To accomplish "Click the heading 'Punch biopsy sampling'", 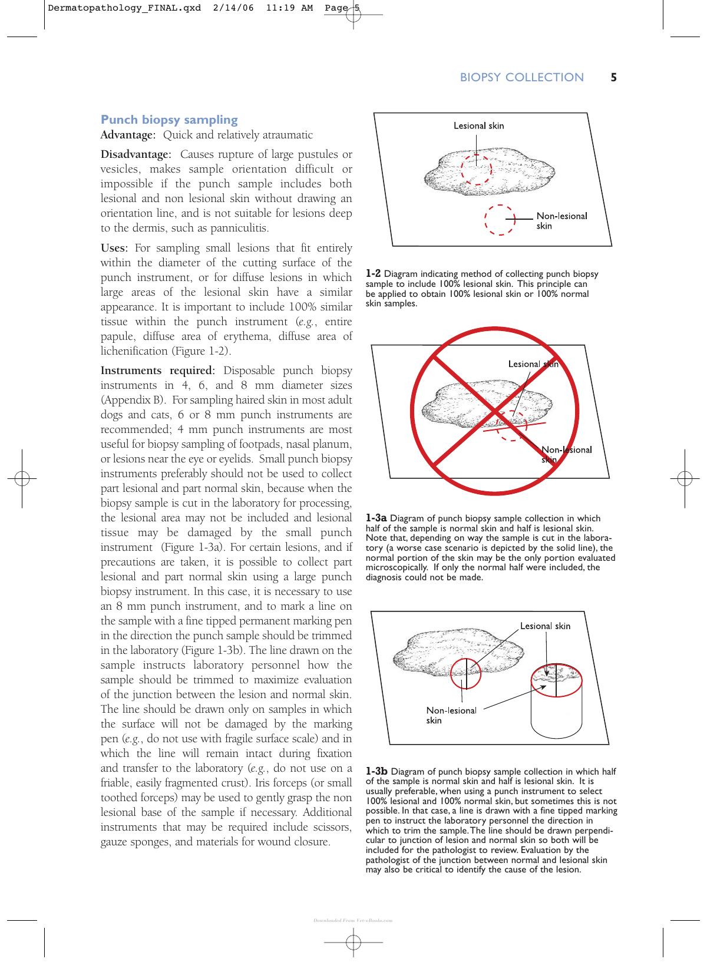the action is (x=169, y=120).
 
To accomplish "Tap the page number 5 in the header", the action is (x=613, y=77).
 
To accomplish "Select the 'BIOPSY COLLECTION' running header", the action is (x=521, y=77).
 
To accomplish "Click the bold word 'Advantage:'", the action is (x=128, y=135).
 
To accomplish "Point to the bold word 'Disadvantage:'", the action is (x=136, y=154).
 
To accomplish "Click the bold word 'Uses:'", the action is (x=114, y=248).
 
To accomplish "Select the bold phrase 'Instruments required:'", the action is (x=157, y=371).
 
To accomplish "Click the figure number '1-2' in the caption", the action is (x=373, y=274).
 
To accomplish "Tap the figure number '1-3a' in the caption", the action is (x=376, y=518).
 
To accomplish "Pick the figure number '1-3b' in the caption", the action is (x=376, y=772).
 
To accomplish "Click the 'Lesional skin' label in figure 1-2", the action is (x=479, y=126).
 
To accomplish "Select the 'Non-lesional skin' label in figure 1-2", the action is (x=561, y=221).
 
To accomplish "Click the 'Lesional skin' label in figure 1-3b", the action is (x=545, y=626).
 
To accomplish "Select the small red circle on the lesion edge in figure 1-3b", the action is (x=451, y=674).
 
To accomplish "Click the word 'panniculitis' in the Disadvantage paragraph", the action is (x=239, y=228).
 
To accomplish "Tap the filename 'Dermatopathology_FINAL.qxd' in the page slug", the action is (x=124, y=8).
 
